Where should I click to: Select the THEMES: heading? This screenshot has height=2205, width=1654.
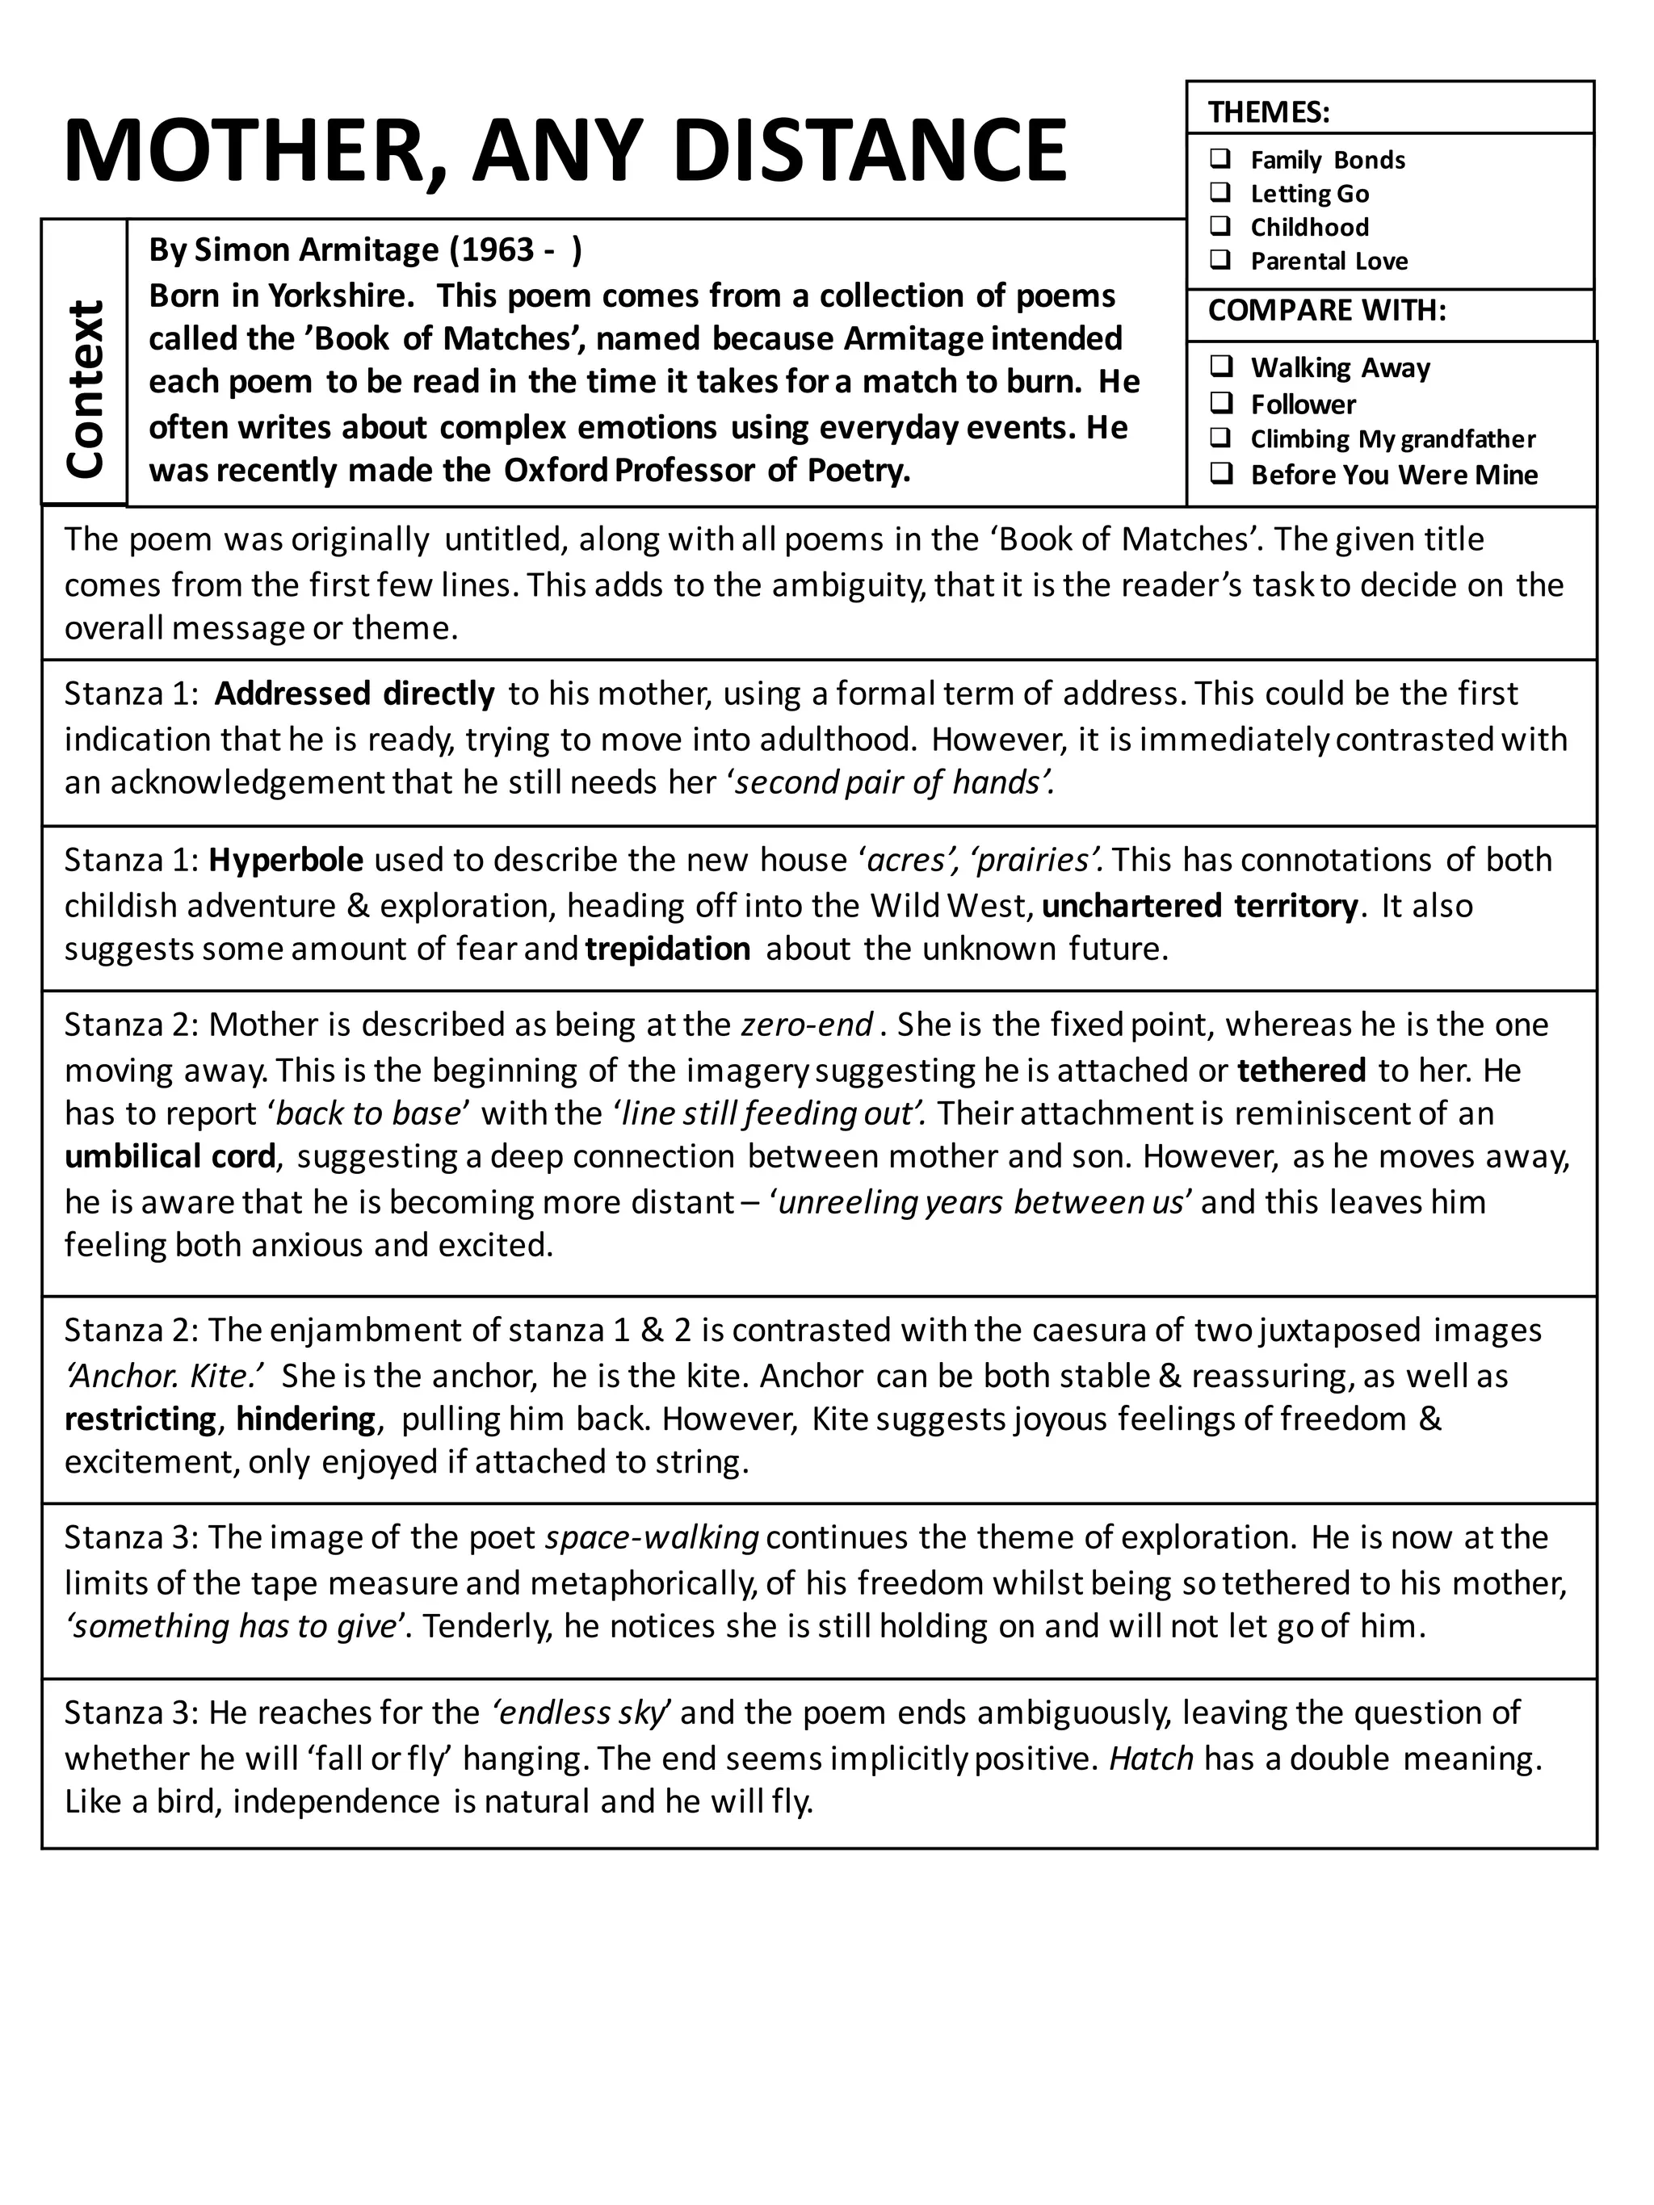(x=1268, y=111)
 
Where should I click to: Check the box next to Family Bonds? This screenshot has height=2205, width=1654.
(x=1220, y=158)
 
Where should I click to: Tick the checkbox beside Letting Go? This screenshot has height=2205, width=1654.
(x=1220, y=191)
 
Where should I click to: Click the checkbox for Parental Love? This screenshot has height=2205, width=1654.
(x=1220, y=260)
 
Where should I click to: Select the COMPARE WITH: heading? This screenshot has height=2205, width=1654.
(x=1326, y=310)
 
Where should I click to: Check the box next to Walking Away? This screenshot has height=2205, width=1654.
(x=1221, y=366)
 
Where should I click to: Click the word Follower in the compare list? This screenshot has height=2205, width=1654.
(x=1303, y=404)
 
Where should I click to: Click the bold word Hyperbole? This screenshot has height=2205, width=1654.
(x=285, y=859)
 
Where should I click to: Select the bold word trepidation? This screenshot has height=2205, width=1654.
(x=667, y=948)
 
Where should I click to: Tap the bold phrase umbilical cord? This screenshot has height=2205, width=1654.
(x=170, y=1156)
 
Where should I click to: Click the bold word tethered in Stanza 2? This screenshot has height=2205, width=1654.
(x=1301, y=1070)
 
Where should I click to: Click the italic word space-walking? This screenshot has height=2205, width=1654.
(x=652, y=1537)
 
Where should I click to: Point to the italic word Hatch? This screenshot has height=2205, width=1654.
(x=1151, y=1758)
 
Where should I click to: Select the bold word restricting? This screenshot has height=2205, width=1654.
(x=140, y=1419)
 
